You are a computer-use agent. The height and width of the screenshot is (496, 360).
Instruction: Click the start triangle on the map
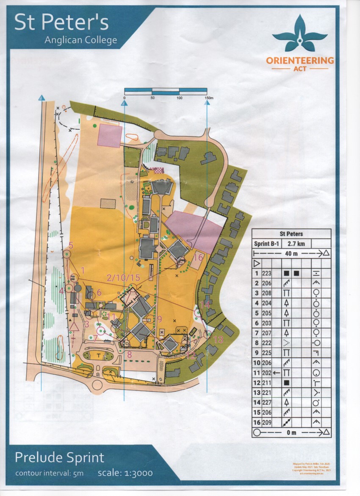tap(75, 326)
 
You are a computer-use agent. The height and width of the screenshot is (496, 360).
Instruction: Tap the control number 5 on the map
tap(71, 245)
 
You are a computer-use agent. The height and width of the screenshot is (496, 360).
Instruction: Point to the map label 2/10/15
tap(123, 278)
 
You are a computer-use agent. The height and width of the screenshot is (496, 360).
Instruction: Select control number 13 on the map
tap(218, 339)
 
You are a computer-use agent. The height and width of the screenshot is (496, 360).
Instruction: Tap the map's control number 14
tap(205, 304)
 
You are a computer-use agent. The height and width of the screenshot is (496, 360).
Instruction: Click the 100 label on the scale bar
tap(179, 98)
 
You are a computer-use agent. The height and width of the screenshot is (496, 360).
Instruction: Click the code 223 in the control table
tap(267, 273)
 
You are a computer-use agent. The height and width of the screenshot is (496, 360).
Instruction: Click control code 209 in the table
tap(267, 423)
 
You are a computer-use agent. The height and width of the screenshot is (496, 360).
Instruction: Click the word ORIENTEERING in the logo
tap(300, 61)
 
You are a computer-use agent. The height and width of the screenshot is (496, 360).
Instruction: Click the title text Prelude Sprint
tap(59, 458)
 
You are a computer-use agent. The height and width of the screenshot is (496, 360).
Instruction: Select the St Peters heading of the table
tap(291, 234)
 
